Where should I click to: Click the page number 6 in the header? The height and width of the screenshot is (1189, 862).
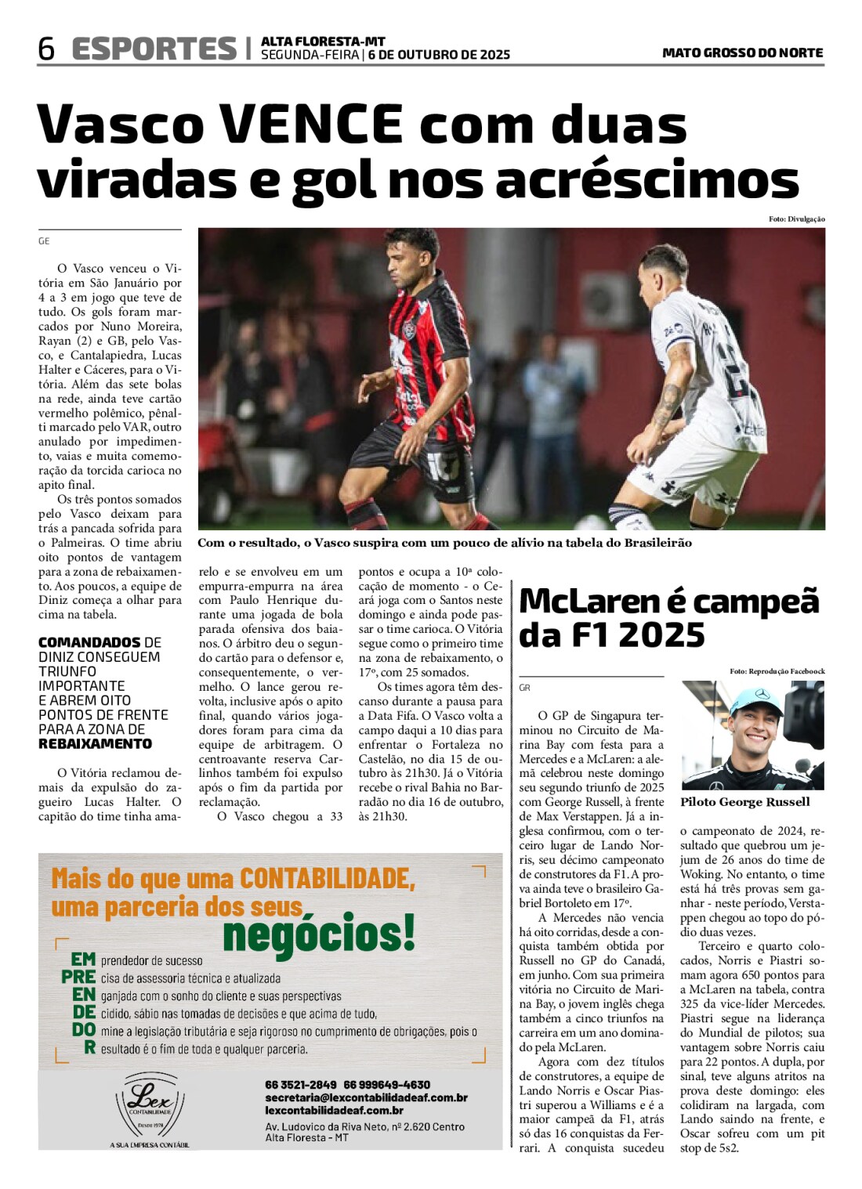coord(46,49)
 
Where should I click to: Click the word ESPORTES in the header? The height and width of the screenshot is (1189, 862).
coord(154,49)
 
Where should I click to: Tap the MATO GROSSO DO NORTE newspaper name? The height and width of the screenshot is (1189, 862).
coord(742,53)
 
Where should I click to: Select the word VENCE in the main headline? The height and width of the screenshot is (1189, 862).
coord(311,125)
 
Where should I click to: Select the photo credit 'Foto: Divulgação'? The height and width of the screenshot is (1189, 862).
coord(796,219)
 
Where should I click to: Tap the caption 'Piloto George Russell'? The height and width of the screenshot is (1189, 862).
coord(744,802)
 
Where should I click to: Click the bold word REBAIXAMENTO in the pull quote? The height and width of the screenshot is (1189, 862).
coord(95,744)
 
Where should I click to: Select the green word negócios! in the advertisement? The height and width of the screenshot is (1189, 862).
coord(319,934)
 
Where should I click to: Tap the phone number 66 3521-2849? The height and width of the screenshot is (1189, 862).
coord(300,1085)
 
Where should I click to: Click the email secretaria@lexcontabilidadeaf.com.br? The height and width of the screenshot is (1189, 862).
coord(366,1097)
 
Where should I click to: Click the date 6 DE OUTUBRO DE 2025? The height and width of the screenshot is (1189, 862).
coord(439,55)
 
